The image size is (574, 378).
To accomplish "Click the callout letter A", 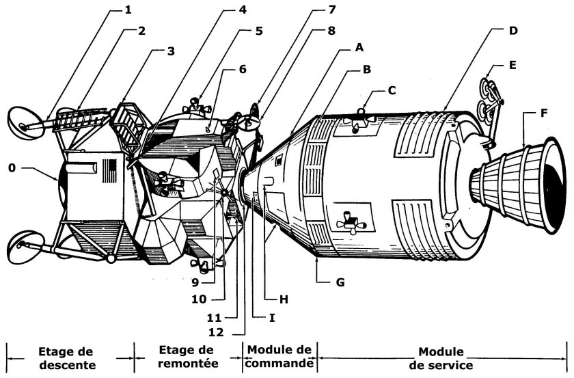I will pyautogui.click(x=358, y=49).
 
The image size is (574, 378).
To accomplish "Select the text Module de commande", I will pyautogui.click(x=279, y=357).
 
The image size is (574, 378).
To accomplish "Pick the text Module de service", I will pyautogui.click(x=442, y=357).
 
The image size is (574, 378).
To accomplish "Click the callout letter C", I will pyautogui.click(x=392, y=89).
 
